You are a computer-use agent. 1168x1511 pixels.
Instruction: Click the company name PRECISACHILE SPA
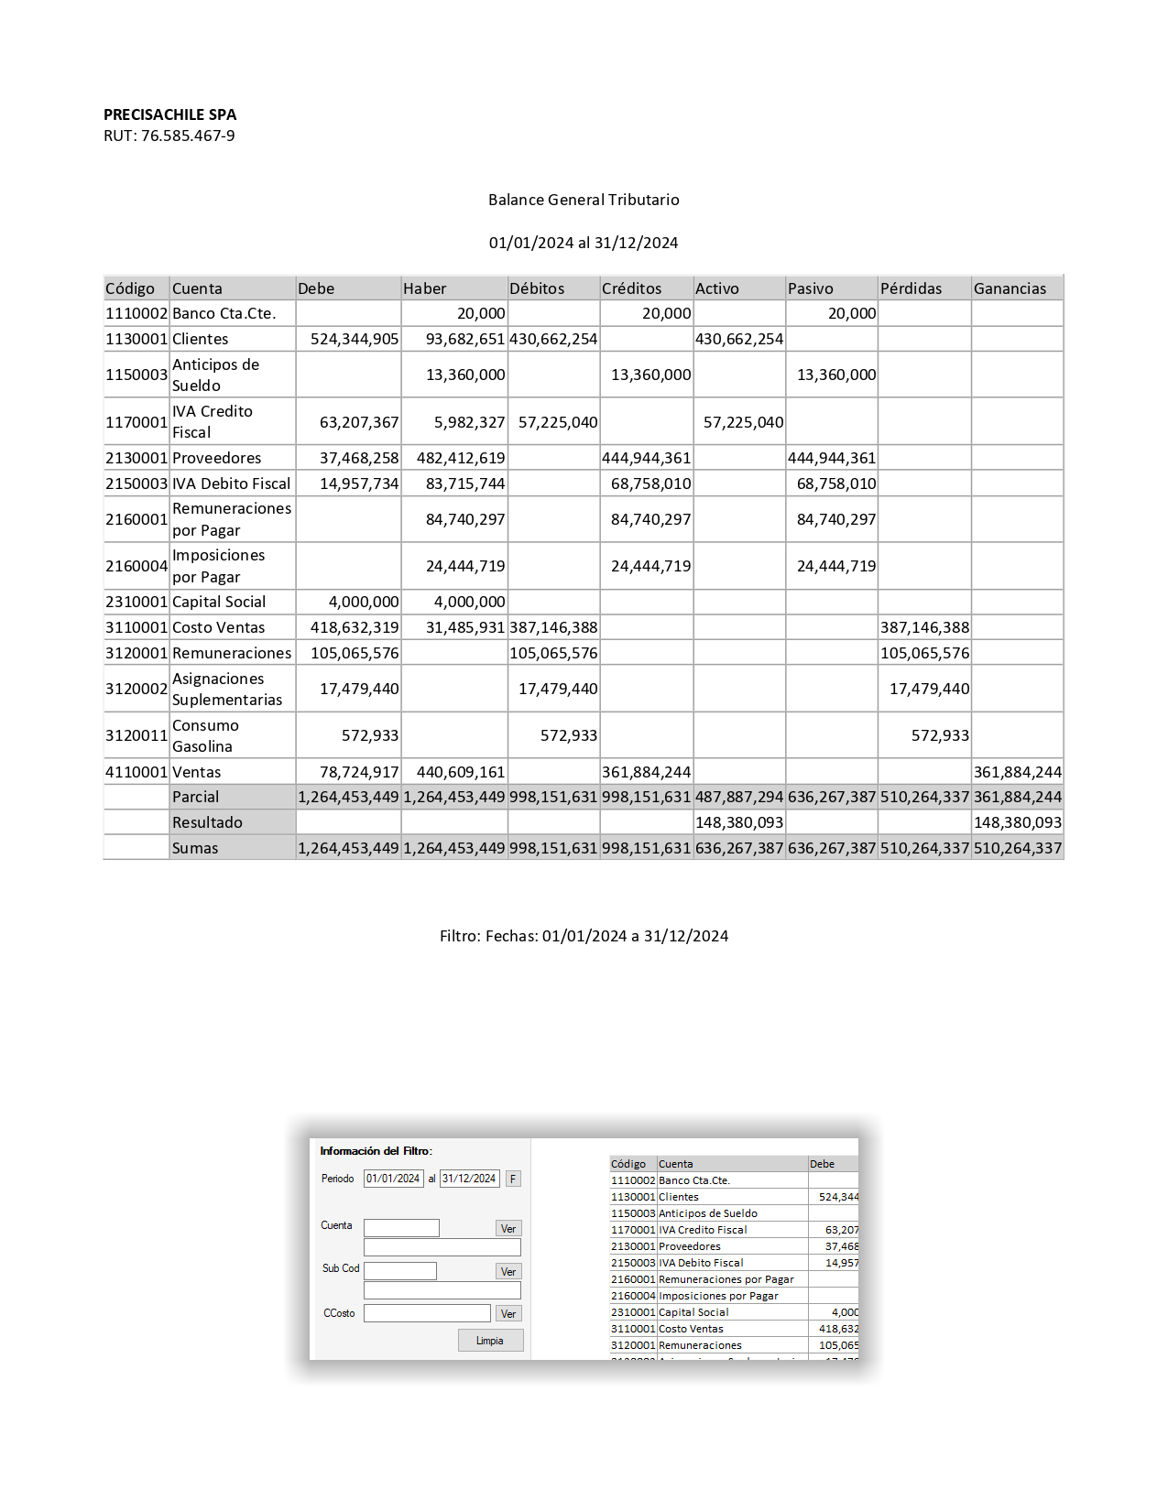coord(169,114)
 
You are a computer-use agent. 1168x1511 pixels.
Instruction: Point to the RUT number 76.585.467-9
coord(188,136)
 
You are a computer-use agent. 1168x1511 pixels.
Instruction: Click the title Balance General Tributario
coord(584,200)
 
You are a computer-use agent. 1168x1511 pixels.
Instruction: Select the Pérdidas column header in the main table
coord(911,288)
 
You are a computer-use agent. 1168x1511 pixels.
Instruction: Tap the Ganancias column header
coord(1010,288)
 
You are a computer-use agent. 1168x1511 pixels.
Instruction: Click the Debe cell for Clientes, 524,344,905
coord(355,339)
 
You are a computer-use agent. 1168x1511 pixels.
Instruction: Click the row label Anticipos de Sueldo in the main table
coord(216,375)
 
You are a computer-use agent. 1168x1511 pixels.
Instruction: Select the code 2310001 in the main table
coord(136,602)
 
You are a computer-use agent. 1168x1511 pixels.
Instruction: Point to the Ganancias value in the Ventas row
coord(1017,772)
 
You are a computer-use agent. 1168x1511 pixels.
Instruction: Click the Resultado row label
coord(207,822)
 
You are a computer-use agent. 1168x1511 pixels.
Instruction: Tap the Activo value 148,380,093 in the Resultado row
coord(739,822)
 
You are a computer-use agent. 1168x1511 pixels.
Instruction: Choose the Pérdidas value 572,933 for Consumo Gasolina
coord(940,735)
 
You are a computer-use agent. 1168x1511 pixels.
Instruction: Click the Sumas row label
coord(195,848)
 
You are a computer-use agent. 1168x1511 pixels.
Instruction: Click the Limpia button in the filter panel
coord(490,1341)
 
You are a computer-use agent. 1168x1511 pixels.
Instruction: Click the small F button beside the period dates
coord(513,1179)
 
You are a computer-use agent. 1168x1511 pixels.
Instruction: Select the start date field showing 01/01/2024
coord(393,1179)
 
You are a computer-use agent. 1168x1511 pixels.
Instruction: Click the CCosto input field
coord(427,1313)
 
